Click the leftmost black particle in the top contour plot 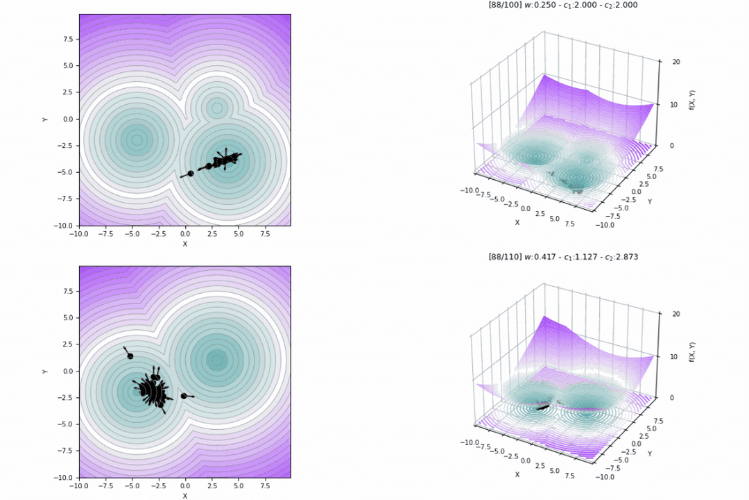(x=191, y=174)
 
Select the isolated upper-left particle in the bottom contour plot (x=130, y=356)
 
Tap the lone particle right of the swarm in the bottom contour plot (x=184, y=396)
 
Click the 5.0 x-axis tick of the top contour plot (x=238, y=234)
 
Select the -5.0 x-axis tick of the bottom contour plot (x=132, y=486)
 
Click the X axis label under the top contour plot (x=184, y=244)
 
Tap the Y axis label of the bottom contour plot (x=45, y=372)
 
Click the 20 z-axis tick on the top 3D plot (x=675, y=62)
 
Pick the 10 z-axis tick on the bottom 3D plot (x=675, y=356)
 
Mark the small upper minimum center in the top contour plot (x=217, y=108)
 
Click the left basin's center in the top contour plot (x=137, y=140)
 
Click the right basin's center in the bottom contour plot (x=217, y=360)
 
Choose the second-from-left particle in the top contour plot (x=208, y=166)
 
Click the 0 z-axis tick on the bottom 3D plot (x=674, y=397)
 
